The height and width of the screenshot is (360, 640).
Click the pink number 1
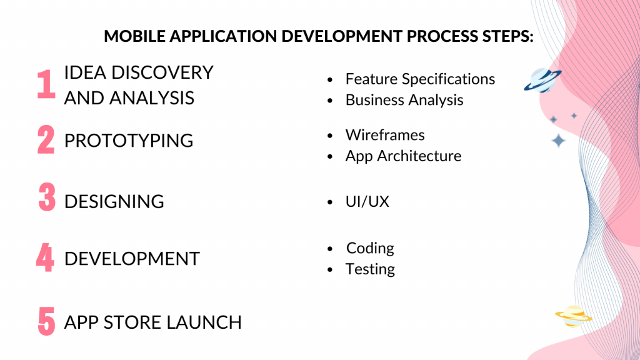[46, 84]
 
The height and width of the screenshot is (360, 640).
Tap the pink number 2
[46, 140]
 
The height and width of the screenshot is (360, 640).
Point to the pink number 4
[45, 257]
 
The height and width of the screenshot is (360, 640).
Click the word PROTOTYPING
[129, 141]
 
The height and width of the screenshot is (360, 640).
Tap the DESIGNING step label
[114, 202]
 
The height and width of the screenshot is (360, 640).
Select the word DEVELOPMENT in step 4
[132, 259]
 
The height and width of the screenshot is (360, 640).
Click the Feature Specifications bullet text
[420, 79]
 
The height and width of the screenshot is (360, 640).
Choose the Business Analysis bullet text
[404, 100]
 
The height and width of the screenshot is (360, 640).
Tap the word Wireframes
[385, 135]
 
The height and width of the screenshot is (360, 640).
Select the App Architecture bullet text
[403, 156]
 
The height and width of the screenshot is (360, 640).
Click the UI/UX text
[367, 202]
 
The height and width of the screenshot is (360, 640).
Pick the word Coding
[370, 248]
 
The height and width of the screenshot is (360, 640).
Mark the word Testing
[370, 269]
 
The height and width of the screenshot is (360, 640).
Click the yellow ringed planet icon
[572, 316]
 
